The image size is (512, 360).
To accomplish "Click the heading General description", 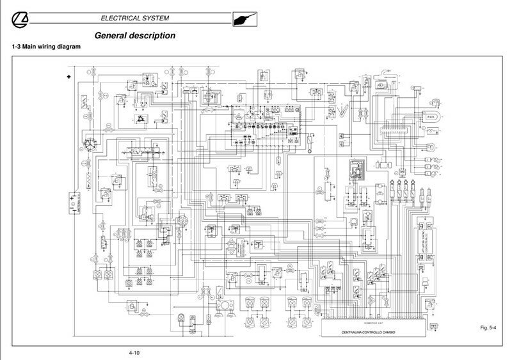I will coord(134,36).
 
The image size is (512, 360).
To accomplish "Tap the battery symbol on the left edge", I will coord(72,203).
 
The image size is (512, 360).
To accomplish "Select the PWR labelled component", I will coord(431,116).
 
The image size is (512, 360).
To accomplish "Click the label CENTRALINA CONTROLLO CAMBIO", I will coord(373,333).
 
